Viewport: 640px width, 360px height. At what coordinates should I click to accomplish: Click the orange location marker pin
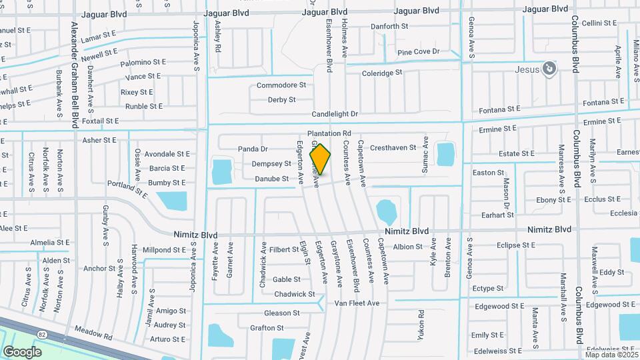(321, 159)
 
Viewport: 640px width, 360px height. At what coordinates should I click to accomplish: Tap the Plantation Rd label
(329, 133)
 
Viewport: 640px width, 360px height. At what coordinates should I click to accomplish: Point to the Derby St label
(281, 99)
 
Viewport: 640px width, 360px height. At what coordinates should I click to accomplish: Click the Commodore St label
(281, 85)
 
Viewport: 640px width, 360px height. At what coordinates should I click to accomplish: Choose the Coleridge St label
(382, 73)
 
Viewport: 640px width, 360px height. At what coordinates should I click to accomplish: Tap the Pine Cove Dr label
(418, 51)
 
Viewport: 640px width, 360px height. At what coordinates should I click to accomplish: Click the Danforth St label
(389, 27)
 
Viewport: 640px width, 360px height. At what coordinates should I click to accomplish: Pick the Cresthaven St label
(393, 147)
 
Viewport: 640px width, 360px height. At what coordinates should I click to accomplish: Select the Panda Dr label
(253, 149)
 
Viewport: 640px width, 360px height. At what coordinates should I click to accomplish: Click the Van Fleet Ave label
(357, 303)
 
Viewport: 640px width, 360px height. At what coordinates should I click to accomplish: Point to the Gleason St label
(281, 313)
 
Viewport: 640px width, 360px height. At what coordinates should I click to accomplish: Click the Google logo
(23, 352)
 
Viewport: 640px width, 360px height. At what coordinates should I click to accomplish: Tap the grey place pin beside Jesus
(548, 68)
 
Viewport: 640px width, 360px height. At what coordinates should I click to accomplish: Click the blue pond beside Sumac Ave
(444, 154)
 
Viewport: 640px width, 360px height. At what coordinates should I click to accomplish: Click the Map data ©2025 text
(610, 355)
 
